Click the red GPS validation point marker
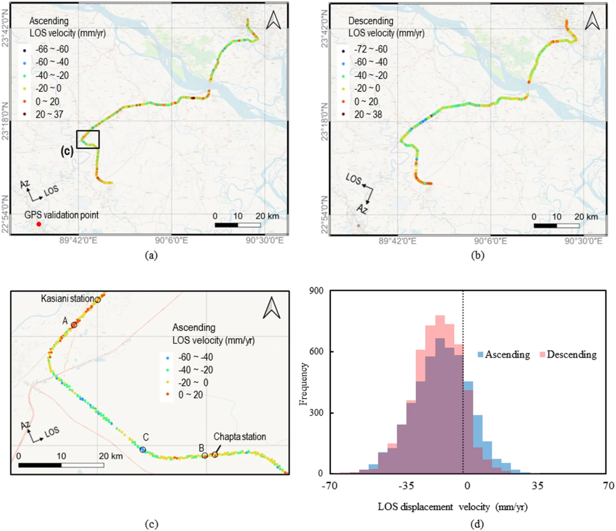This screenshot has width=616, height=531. [39, 224]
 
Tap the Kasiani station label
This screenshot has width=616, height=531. [67, 298]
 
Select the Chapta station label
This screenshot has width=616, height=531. [239, 437]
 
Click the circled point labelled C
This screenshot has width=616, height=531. [143, 450]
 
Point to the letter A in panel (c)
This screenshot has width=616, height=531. [65, 321]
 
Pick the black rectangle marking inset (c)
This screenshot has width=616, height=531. [88, 139]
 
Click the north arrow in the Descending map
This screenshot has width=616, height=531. [592, 21]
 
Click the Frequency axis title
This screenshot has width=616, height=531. [304, 384]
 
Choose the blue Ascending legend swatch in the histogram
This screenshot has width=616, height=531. [480, 355]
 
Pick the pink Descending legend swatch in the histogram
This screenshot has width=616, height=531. [543, 355]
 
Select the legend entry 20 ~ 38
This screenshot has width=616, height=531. [368, 115]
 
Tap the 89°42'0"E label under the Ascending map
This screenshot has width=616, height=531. [79, 241]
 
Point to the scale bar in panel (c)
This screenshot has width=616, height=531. [61, 465]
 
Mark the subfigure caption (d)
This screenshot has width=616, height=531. [477, 524]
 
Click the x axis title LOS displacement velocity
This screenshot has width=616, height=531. [453, 507]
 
